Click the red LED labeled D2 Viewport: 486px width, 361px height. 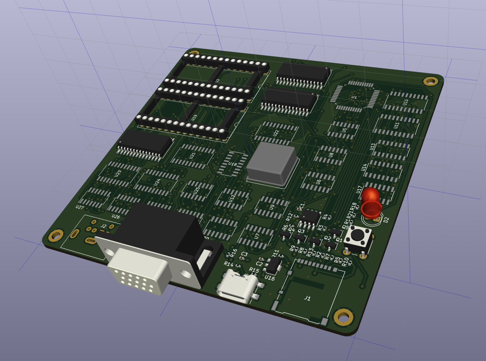coord(371,202)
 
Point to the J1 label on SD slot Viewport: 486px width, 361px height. coord(307,298)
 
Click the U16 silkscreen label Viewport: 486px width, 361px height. coord(270,278)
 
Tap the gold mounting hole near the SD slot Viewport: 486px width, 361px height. coord(343,317)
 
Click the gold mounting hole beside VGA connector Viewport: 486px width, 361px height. coord(57,235)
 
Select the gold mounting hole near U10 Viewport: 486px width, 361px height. coord(430,81)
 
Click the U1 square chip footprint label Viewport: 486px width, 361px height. coord(354,97)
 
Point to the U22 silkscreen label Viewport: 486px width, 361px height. coord(276,133)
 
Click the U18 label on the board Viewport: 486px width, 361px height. coord(233,164)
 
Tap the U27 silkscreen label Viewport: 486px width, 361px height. coord(80,207)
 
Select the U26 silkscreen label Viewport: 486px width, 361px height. coord(115,216)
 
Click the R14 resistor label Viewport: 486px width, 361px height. coord(228,264)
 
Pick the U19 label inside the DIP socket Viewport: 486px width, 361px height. coord(194,118)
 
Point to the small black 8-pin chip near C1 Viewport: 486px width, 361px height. coord(310,216)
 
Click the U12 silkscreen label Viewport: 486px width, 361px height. coord(232,198)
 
